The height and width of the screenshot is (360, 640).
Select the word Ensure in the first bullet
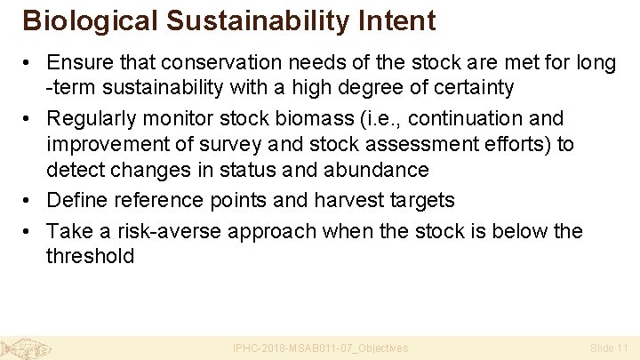coord(77,62)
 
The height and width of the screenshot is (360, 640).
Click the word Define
coord(75,200)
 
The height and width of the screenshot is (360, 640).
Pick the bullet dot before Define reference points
coord(29,200)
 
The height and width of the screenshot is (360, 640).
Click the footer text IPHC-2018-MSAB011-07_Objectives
coord(320,348)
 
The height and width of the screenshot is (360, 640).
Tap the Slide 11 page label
coord(609,348)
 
